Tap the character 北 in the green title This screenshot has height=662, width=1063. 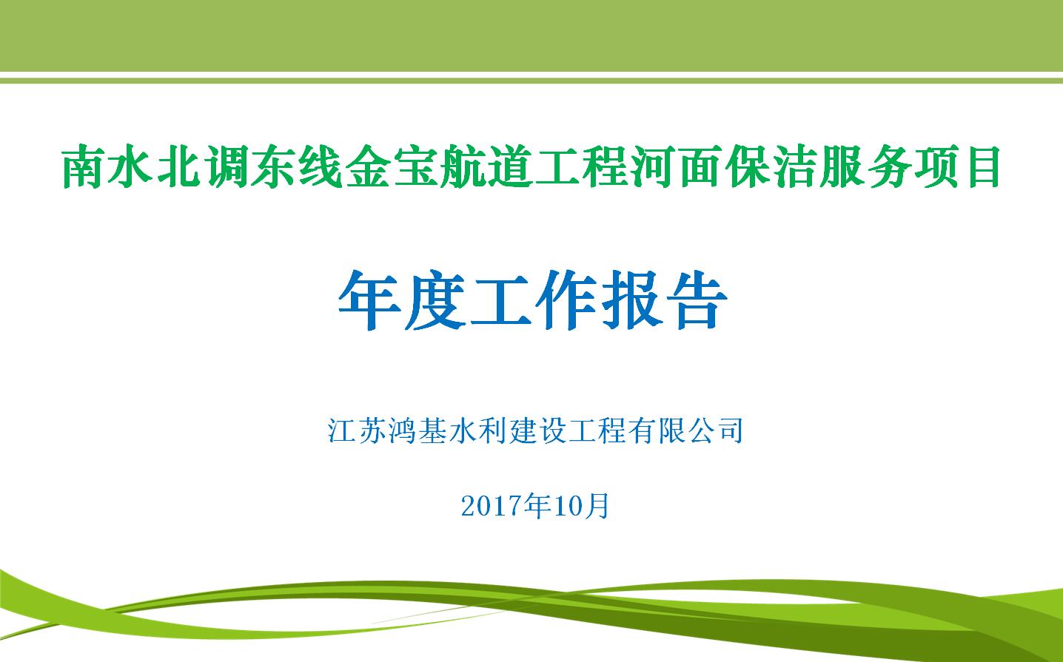(178, 167)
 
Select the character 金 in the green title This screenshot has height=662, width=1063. (368, 167)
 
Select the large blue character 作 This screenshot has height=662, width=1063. (566, 300)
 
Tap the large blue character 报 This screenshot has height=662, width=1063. (631, 300)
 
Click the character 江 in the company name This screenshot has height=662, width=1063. (342, 430)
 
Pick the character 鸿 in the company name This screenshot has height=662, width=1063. (402, 430)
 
